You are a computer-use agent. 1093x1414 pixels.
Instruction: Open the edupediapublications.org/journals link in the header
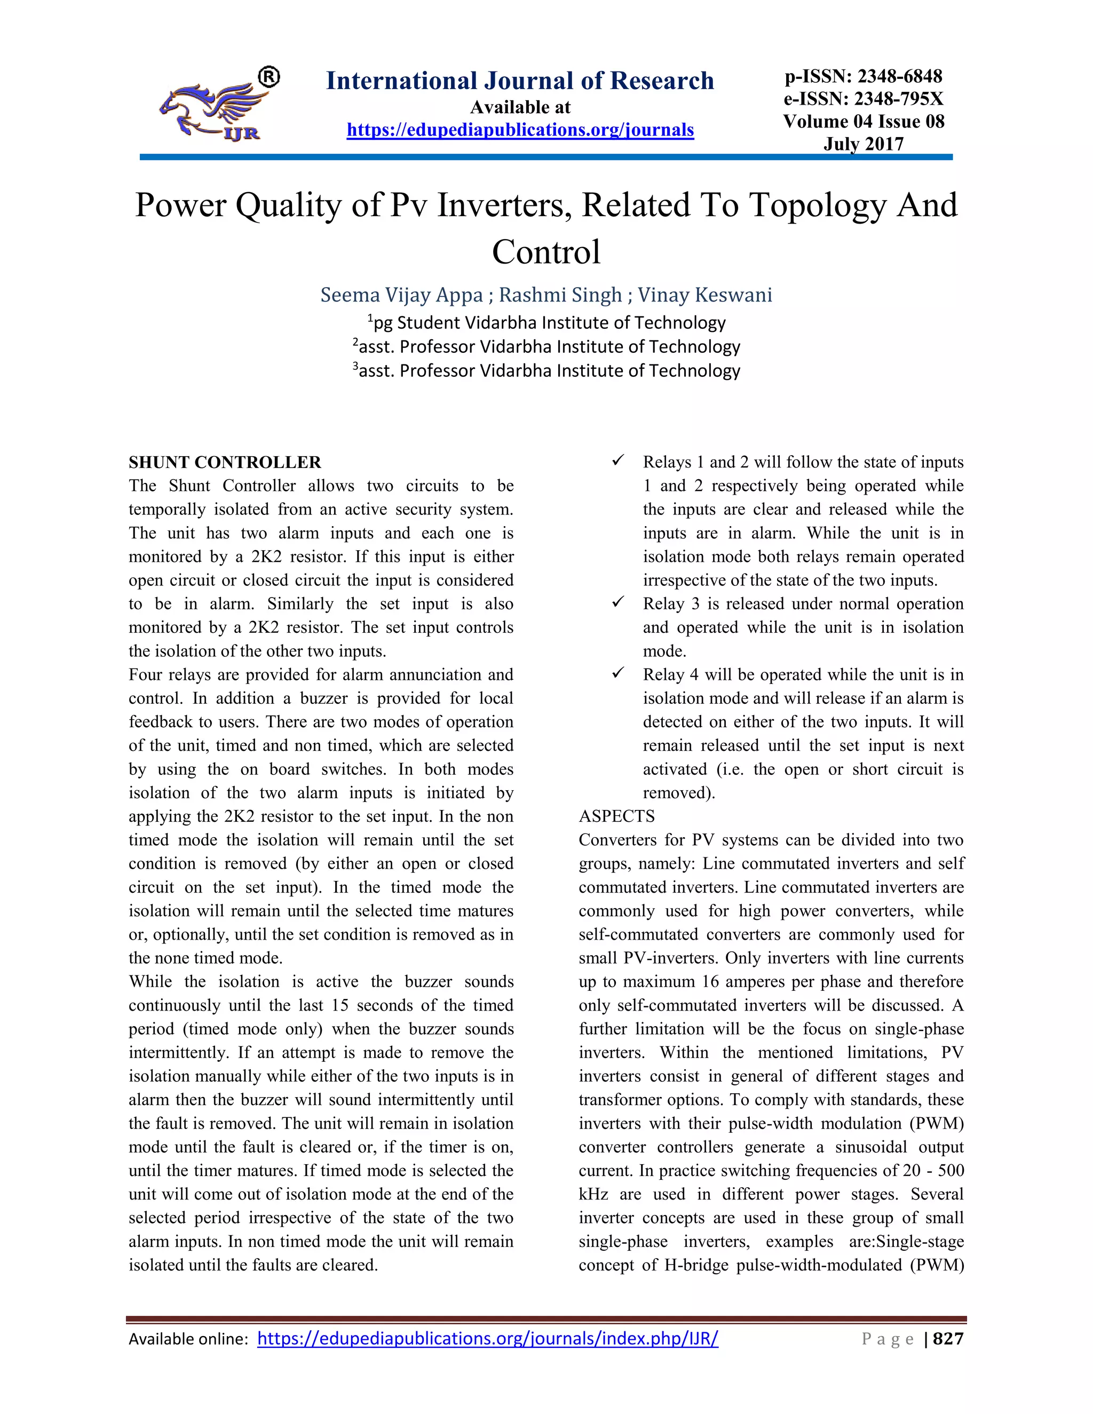click(520, 130)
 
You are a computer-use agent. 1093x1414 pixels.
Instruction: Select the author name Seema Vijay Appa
click(401, 295)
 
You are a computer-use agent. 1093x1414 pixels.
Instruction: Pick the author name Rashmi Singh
click(560, 295)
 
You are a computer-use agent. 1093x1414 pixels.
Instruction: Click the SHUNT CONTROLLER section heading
click(225, 462)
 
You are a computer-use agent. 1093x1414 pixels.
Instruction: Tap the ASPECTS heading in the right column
click(616, 816)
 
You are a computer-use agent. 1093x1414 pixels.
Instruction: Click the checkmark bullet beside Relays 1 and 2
click(617, 460)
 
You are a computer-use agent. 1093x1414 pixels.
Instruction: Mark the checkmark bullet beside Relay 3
click(617, 602)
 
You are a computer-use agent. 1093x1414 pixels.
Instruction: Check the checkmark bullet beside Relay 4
click(617, 673)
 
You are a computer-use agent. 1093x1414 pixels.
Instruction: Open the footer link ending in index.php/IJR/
click(488, 1338)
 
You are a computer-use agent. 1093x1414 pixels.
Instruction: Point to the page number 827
click(948, 1338)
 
